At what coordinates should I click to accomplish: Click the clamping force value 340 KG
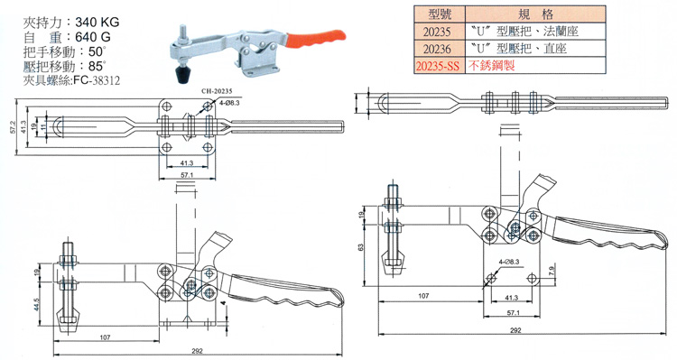[x=97, y=22]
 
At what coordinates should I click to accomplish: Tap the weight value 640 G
[x=92, y=37]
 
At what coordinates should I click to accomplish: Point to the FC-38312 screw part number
[x=97, y=80]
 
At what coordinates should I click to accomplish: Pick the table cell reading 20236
[x=437, y=49]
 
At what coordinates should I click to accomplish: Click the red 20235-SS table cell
[x=438, y=66]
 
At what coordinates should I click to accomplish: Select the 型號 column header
[x=440, y=14]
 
